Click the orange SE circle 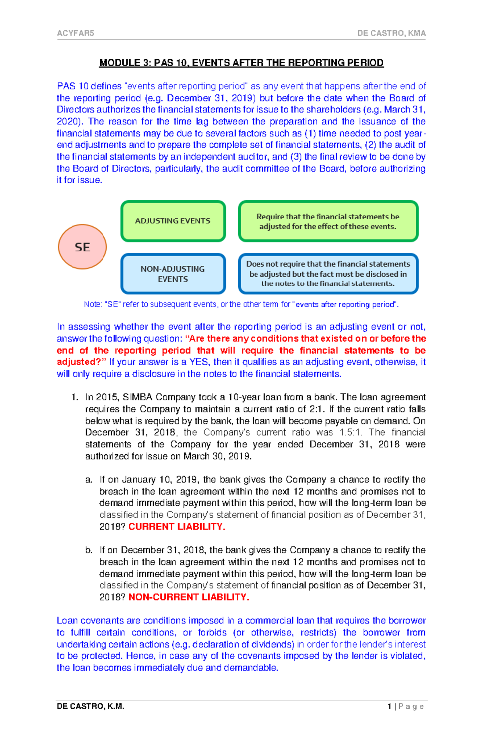[83, 246]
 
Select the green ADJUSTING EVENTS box [173, 221]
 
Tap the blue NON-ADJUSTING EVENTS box [173, 274]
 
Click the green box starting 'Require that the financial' [328, 221]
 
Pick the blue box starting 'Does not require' [328, 274]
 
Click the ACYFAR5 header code [76, 33]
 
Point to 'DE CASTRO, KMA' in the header [391, 33]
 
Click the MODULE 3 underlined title [242, 63]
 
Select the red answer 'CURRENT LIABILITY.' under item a [177, 527]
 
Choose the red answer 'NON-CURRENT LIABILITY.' [189, 597]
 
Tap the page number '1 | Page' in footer [405, 706]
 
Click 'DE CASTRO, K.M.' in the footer [91, 706]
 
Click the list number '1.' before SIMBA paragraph [74, 397]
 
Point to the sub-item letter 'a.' [89, 480]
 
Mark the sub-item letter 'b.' [89, 550]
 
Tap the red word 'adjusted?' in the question [78, 362]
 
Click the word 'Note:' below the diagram [93, 304]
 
